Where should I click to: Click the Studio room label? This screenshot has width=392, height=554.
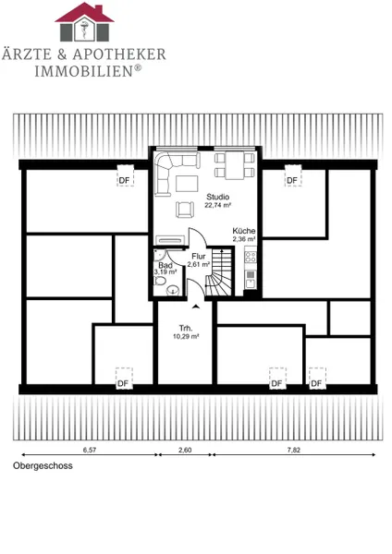217,197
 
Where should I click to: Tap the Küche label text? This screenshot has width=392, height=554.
244,231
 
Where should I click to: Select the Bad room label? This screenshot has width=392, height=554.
165,265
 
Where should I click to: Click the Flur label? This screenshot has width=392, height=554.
199,257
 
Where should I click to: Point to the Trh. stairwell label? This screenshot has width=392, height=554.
186,328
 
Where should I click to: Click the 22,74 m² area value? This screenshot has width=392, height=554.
217,205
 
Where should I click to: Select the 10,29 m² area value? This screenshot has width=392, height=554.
186,337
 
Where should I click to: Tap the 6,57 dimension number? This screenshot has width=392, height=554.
89,450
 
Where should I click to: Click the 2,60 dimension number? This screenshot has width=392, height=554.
185,450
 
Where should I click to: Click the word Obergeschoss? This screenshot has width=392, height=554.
43,465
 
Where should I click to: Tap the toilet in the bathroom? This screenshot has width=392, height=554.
160,282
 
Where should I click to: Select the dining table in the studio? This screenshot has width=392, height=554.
235,165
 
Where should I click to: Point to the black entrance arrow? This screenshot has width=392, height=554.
196,306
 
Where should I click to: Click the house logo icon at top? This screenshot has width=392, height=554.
84,22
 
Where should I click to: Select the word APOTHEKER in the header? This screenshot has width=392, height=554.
119,54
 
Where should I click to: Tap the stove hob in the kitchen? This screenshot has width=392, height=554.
251,257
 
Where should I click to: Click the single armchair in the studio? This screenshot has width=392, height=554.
185,209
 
